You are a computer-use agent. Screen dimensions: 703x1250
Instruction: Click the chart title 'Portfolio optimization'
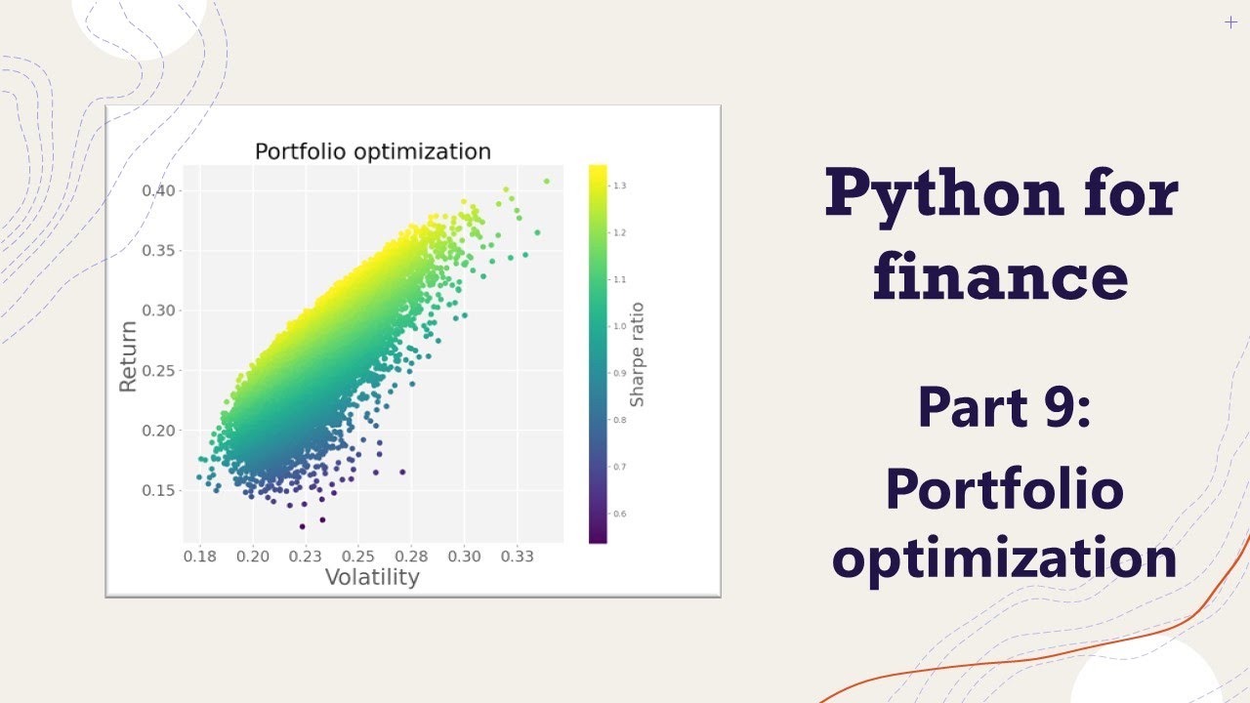coord(372,151)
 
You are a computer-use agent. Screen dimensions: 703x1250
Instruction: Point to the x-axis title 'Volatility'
coord(371,577)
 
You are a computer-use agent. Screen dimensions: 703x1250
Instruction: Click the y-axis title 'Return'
coord(128,355)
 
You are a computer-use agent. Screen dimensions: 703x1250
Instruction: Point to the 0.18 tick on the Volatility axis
coord(199,556)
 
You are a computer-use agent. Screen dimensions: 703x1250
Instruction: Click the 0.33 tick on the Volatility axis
coord(517,556)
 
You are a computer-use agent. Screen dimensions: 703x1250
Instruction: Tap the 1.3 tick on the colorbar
coord(620,186)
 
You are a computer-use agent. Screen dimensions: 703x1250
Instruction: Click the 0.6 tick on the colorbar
coord(620,514)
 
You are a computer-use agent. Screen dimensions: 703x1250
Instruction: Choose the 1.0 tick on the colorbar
coord(620,326)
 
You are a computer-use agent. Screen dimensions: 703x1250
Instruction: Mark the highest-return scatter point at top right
coord(547,181)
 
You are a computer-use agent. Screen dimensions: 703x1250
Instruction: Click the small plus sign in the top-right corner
coord(1230,22)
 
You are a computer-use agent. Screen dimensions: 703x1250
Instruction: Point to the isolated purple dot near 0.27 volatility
coord(402,472)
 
